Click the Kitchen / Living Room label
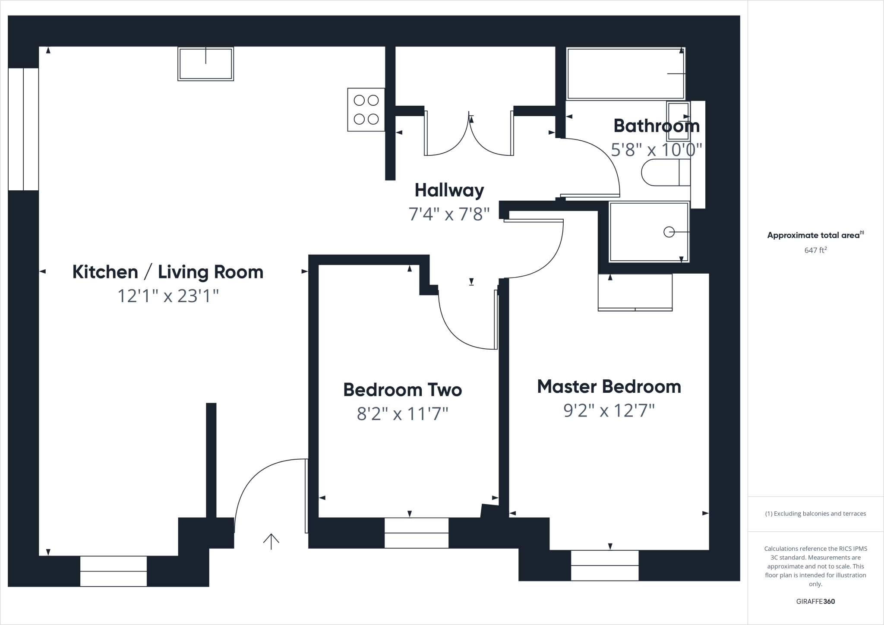167,272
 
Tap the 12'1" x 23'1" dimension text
168,296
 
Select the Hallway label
449,190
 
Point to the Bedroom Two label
402,390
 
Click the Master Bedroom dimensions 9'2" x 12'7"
609,410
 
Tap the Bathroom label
656,126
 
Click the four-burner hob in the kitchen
366,110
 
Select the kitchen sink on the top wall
205,64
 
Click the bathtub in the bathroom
625,74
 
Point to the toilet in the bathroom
665,173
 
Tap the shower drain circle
669,232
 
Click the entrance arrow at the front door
271,541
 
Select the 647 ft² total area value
815,250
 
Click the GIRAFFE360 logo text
815,601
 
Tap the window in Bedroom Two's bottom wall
416,533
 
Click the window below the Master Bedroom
604,565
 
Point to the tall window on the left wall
23,129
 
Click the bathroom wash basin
678,121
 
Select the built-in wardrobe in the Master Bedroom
635,292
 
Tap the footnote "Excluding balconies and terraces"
815,514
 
